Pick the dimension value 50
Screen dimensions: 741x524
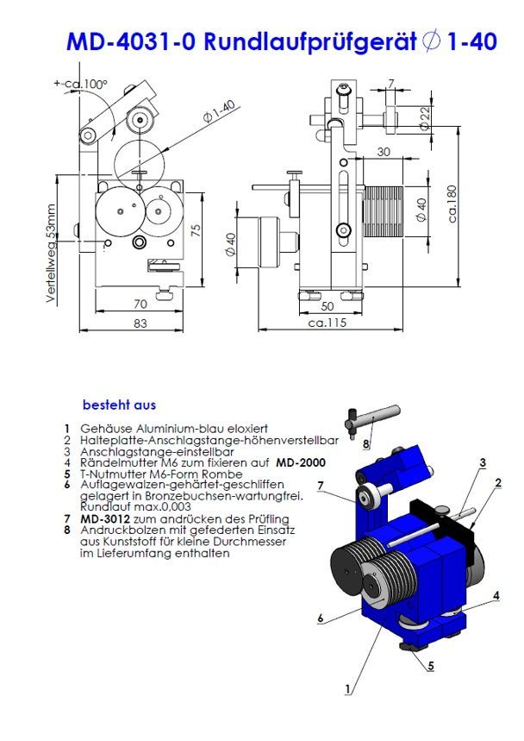click(327, 305)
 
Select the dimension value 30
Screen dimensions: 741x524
click(384, 152)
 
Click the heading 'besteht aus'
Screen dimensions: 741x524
click(119, 404)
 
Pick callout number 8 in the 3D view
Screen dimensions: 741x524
click(365, 444)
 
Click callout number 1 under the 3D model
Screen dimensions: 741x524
click(347, 688)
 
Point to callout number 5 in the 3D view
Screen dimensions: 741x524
click(430, 666)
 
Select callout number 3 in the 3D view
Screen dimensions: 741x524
click(483, 462)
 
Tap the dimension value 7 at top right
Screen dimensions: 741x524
click(391, 84)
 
